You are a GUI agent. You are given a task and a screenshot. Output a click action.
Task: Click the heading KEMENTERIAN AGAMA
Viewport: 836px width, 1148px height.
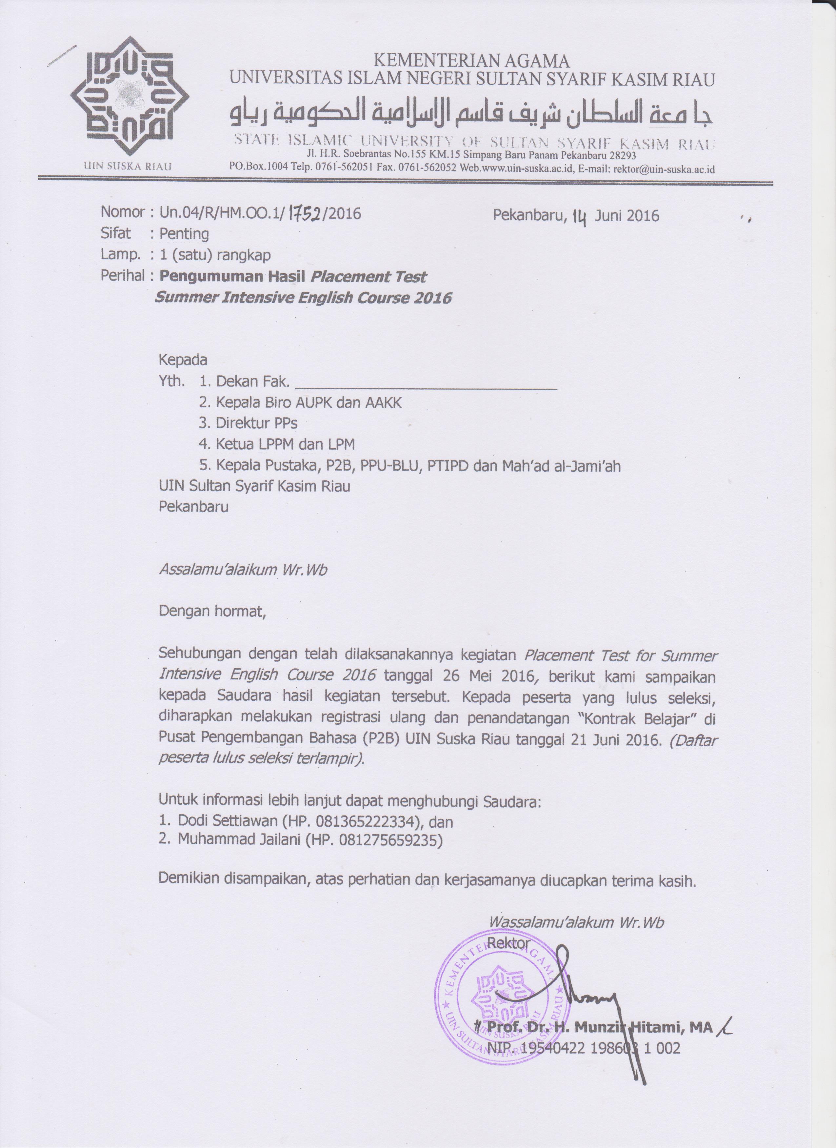(x=471, y=61)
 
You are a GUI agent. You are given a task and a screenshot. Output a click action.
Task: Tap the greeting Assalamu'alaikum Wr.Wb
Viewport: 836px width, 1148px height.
(x=243, y=570)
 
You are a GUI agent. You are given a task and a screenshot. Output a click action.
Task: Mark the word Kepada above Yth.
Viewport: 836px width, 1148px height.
(x=183, y=360)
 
